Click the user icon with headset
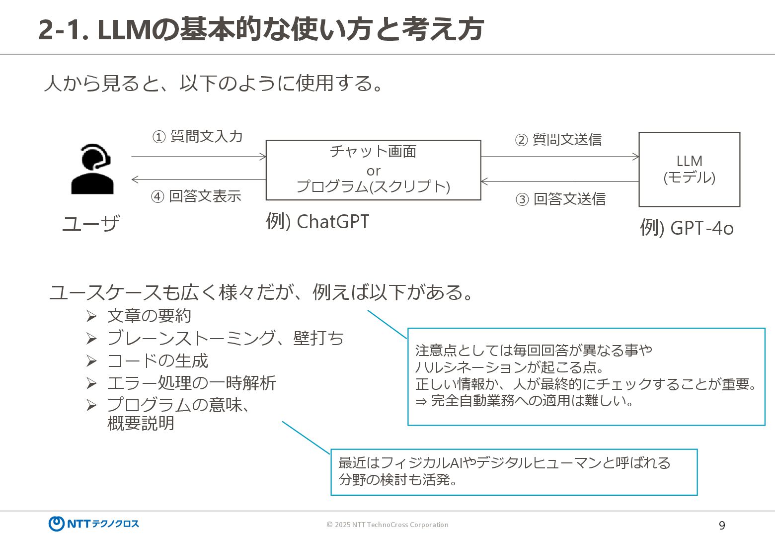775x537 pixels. click(93, 169)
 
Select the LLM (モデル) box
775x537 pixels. click(689, 169)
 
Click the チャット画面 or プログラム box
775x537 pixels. click(373, 170)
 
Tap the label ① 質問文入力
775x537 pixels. click(197, 136)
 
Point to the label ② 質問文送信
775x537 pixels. click(558, 140)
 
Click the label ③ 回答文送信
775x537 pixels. click(560, 199)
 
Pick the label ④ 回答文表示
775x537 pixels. click(196, 196)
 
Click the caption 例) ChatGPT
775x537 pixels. click(317, 222)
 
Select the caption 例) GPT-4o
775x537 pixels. click(686, 228)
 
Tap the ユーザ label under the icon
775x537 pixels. click(91, 224)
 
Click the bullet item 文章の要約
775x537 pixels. click(149, 316)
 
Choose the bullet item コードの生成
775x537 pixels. click(157, 360)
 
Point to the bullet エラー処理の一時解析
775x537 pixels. click(191, 383)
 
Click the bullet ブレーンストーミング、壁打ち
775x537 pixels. click(225, 338)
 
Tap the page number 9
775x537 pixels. click(722, 525)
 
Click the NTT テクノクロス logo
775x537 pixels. click(94, 524)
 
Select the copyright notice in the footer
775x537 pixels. click(387, 525)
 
